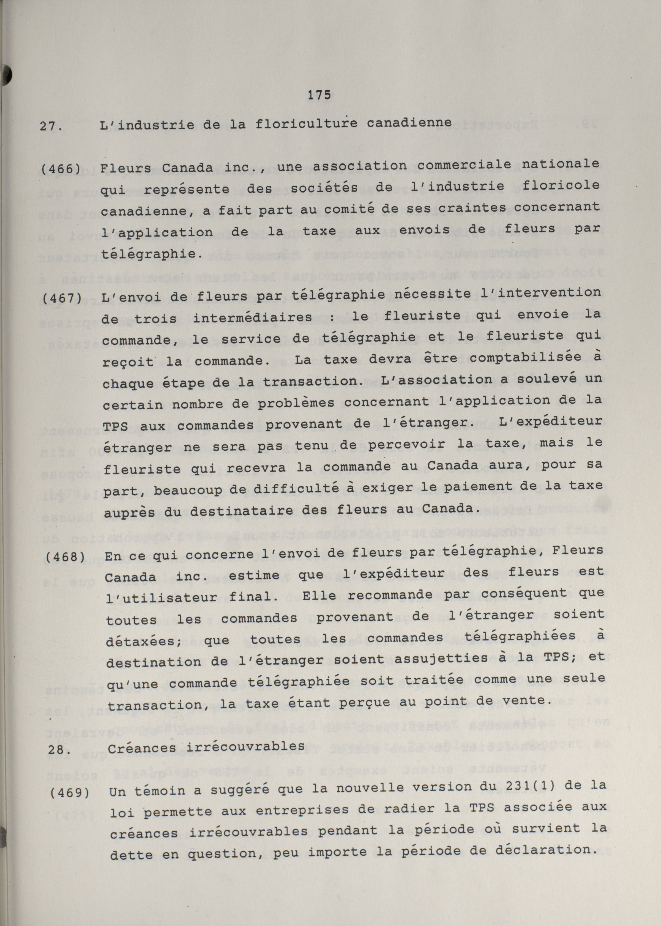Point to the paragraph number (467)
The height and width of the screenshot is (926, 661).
[62, 298]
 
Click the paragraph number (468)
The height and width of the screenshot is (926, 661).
[63, 557]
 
